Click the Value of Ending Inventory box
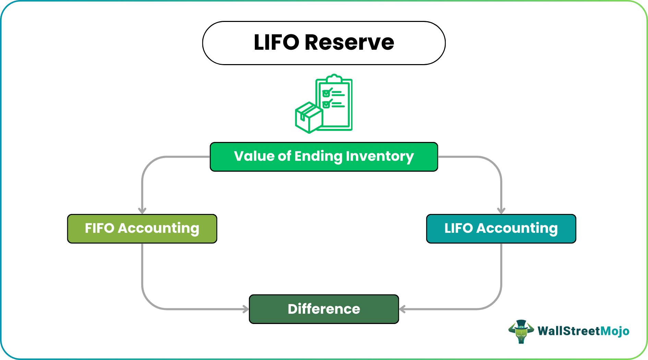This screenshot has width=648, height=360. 324,157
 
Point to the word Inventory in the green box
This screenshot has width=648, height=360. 380,156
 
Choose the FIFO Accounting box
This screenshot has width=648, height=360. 142,229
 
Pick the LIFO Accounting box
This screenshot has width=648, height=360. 501,229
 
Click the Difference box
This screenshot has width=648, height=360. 324,309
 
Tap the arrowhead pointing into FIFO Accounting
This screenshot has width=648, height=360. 142,211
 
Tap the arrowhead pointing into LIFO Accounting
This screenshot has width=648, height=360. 501,211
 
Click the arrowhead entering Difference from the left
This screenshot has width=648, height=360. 246,309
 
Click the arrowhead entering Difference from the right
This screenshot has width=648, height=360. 403,309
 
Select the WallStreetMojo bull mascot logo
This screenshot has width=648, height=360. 521,331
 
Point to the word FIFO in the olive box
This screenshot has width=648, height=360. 99,228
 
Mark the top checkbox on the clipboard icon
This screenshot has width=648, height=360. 326,93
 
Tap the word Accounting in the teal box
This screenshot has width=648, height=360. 517,228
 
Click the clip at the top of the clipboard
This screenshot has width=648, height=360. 334,79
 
